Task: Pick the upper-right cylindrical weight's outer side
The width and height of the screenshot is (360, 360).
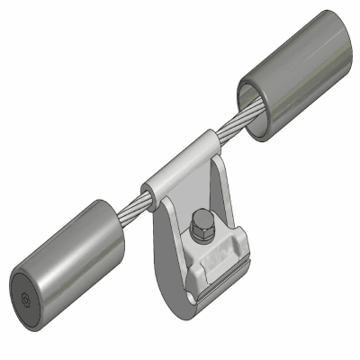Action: (297, 81)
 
